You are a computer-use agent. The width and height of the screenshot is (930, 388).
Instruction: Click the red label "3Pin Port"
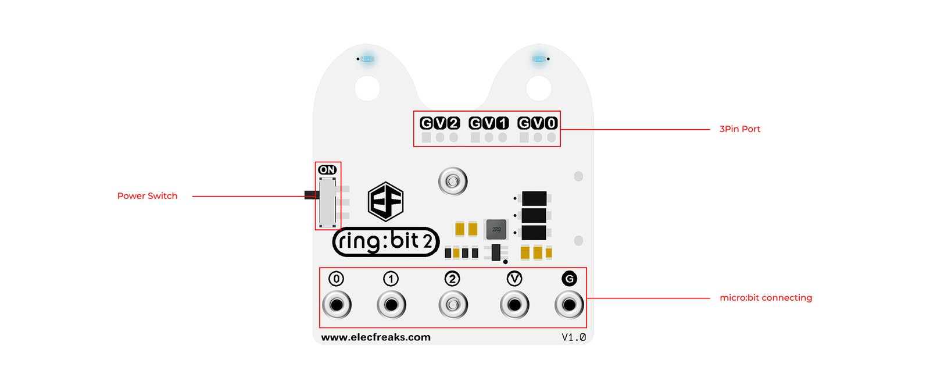tap(739, 129)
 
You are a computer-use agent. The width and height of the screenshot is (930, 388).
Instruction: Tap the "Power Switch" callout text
tap(147, 195)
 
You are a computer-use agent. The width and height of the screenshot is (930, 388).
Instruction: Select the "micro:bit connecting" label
tap(766, 298)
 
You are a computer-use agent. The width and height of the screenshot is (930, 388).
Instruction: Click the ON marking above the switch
tap(327, 169)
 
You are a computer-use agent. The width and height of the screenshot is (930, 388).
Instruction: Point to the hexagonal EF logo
tap(386, 201)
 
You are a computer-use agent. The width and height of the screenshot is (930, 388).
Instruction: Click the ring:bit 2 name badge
tap(386, 241)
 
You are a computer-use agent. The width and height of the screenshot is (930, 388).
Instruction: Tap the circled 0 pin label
tap(337, 279)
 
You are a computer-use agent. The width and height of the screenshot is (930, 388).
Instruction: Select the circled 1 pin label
tap(391, 279)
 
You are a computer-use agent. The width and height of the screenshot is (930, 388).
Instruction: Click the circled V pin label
tap(514, 279)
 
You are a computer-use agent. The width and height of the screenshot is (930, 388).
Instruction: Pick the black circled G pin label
tap(569, 279)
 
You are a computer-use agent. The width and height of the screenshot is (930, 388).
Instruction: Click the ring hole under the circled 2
tap(453, 305)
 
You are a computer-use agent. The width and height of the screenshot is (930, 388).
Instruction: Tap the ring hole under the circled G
tap(569, 305)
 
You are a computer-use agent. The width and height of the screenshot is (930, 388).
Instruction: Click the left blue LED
tap(367, 59)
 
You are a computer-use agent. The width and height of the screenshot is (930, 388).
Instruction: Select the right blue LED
tap(539, 59)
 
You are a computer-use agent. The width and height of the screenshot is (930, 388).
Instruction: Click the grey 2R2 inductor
tap(496, 229)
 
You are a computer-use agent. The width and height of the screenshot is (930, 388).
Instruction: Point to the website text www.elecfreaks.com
tap(375, 337)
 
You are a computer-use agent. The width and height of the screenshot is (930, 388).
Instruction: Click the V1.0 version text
tap(574, 337)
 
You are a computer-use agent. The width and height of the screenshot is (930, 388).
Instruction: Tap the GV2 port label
tap(439, 123)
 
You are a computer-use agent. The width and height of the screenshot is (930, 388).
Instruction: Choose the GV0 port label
tap(538, 123)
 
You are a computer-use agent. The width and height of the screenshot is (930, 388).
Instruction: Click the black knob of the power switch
tap(312, 194)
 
